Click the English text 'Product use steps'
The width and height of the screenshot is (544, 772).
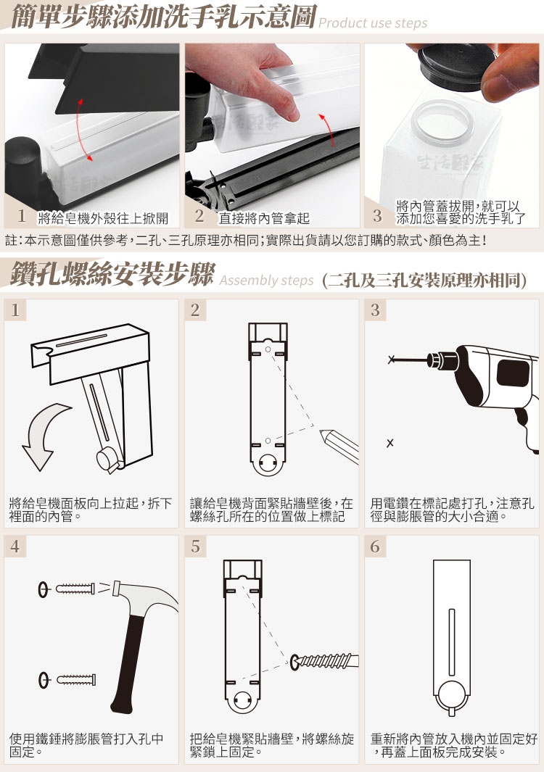coord(373,22)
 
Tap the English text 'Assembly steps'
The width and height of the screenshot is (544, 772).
coord(267,281)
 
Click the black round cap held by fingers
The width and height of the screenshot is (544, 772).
coord(451,68)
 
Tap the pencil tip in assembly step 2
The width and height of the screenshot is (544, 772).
coord(323,433)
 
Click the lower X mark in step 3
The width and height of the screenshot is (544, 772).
coord(390,443)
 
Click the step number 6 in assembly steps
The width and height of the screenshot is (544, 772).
coord(376,547)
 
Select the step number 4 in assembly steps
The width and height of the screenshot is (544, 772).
coord(15,547)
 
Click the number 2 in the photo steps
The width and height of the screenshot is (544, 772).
coord(199,215)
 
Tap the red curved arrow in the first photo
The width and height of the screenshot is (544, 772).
coord(83,130)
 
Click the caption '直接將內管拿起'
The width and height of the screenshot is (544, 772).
coord(265,217)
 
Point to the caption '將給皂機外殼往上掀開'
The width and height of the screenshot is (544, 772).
coord(103,217)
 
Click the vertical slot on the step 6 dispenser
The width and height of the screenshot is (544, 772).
coord(451,642)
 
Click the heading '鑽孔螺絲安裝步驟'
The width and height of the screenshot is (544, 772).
coord(112,274)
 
